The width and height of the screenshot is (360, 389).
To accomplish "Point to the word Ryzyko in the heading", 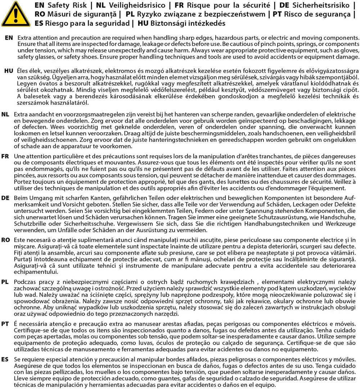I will [151, 14].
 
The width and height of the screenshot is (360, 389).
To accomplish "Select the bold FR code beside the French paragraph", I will [5, 157].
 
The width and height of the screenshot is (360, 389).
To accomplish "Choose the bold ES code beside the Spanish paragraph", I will [5, 359].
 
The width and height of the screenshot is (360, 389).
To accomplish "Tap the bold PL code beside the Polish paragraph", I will [5, 281].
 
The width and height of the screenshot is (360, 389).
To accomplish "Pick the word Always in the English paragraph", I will [202, 51].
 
